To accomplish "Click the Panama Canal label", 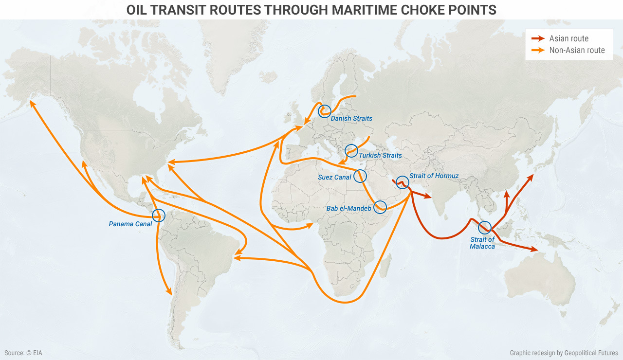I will (x=130, y=224).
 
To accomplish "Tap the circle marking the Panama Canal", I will (x=158, y=216).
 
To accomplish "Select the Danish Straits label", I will (x=351, y=118).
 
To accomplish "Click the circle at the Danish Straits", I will (x=324, y=111).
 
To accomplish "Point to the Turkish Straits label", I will (x=380, y=156).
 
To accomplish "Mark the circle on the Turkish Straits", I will (x=351, y=151).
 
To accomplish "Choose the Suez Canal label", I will (x=334, y=178).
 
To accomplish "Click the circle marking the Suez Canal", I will (x=360, y=176).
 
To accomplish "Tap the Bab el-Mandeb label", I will (x=348, y=209).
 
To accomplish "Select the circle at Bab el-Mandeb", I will (x=380, y=207).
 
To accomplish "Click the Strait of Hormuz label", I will (x=434, y=176).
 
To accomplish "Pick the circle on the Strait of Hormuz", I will (x=402, y=182).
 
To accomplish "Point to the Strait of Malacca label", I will (x=482, y=243).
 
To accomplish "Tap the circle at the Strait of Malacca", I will (x=484, y=228).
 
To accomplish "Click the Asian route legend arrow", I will (x=538, y=38).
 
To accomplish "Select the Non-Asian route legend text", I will (x=577, y=50).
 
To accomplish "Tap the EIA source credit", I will (x=24, y=353).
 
